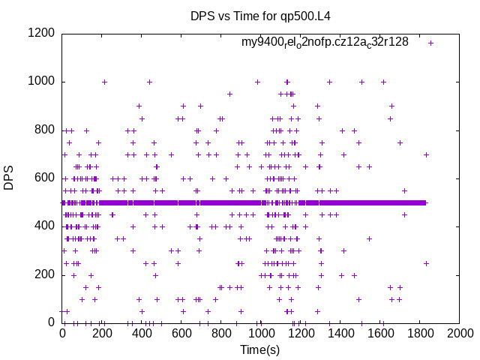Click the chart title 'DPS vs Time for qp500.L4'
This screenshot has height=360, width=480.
coord(260,16)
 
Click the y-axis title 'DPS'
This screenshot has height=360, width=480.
coord(9,178)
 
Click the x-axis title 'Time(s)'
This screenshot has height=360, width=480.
coord(260,349)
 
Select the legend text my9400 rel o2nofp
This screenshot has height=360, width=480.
coord(325,43)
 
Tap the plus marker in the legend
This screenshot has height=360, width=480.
coord(431,43)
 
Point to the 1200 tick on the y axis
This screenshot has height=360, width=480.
coord(42,33)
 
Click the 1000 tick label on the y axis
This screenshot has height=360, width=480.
coord(42,82)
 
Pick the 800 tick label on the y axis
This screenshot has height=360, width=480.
coord(45,130)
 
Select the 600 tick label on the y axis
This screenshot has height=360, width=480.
coord(45,178)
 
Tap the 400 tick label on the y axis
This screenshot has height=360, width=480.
coord(45,226)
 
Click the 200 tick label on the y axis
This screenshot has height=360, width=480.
coord(45,274)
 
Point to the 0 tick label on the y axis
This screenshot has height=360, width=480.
coord(52,322)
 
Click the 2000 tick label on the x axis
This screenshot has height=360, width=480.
coord(459,334)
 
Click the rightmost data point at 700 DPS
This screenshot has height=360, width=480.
coord(426,154)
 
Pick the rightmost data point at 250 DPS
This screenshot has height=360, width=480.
coord(426,263)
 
